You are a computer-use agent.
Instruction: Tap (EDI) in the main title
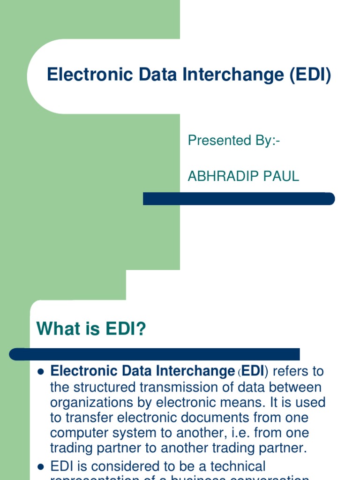(x=310, y=75)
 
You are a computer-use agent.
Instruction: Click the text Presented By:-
(x=233, y=140)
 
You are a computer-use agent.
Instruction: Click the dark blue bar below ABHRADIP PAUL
(x=239, y=199)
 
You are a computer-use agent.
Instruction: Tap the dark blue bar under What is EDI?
(x=155, y=354)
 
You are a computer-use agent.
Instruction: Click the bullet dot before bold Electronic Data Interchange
(x=40, y=372)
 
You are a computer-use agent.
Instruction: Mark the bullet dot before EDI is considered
(x=40, y=467)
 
